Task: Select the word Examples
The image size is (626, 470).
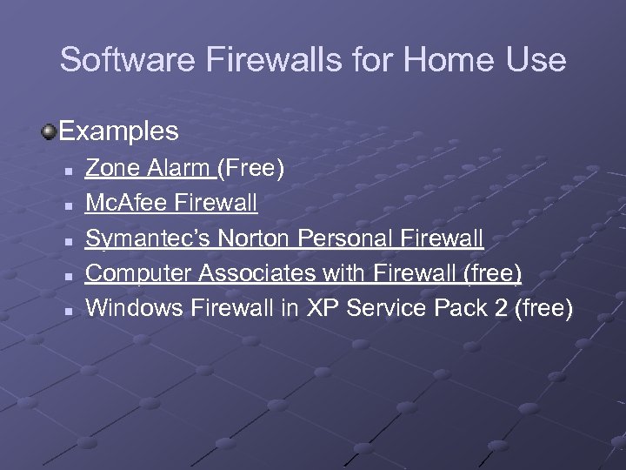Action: [119, 131]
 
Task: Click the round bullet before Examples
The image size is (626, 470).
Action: [49, 131]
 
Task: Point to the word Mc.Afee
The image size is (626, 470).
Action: [127, 203]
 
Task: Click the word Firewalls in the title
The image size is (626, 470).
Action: [250, 60]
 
